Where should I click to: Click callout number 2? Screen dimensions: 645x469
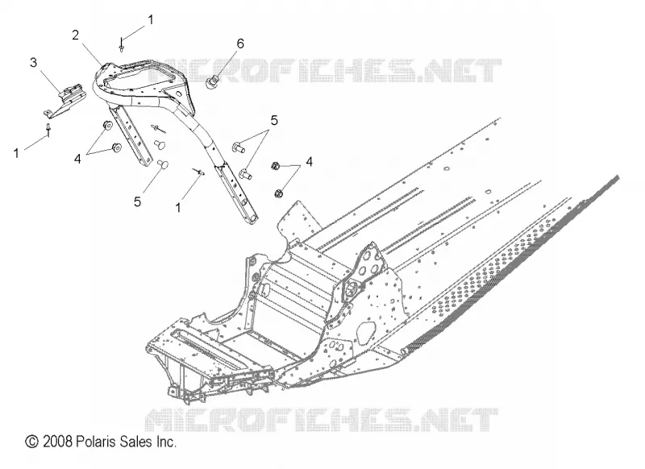pos(75,35)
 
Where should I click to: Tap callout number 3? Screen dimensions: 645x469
pos(33,63)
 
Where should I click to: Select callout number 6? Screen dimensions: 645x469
pos(239,44)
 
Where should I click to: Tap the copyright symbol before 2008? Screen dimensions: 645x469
pos(31,442)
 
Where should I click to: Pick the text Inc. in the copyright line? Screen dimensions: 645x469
pos(167,442)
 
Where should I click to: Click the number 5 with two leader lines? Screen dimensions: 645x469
pos(274,120)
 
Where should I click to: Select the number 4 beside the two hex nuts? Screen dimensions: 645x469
pos(309,162)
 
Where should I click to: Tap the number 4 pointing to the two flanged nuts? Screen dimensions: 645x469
pos(77,159)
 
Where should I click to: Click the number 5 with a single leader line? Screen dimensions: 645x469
pos(137,201)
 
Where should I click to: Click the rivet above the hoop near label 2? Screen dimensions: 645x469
pos(122,45)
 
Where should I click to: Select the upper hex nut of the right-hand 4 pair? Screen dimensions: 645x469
pos(276,166)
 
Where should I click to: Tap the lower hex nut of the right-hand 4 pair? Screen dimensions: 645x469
pos(278,193)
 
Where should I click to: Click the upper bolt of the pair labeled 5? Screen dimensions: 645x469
pos(239,147)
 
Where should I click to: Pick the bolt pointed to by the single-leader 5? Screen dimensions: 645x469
pos(164,165)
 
